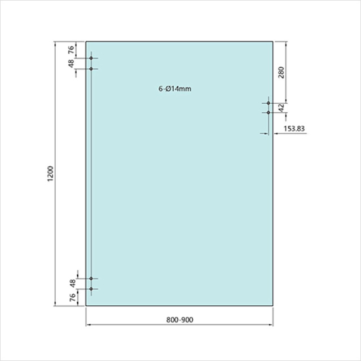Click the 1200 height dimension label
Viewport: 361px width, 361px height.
coord(50,174)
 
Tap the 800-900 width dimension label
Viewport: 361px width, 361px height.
coord(179,320)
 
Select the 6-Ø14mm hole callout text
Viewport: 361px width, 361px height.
coord(175,89)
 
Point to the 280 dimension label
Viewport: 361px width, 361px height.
coord(281,73)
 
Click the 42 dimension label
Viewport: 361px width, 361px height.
coord(281,108)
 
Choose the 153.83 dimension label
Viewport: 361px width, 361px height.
coord(294,129)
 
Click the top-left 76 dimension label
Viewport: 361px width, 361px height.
coord(71,50)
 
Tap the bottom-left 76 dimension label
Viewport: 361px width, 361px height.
coord(72,297)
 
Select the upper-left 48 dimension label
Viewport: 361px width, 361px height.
coord(71,64)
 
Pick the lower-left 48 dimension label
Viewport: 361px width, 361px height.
coord(72,283)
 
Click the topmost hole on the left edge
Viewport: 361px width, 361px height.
coord(91,58)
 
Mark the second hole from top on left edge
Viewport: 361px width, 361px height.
coord(91,69)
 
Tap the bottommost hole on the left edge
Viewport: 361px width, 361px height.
coord(91,289)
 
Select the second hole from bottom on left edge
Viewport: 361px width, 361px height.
coord(91,279)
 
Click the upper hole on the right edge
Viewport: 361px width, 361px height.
coord(268,103)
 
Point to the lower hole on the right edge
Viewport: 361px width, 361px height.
coord(268,112)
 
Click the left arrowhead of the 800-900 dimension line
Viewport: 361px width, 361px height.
coord(88,325)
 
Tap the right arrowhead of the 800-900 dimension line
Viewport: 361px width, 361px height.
coord(271,325)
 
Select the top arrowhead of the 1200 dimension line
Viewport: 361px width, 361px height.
coord(55,44)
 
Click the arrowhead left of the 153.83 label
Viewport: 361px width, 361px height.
coord(266,133)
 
